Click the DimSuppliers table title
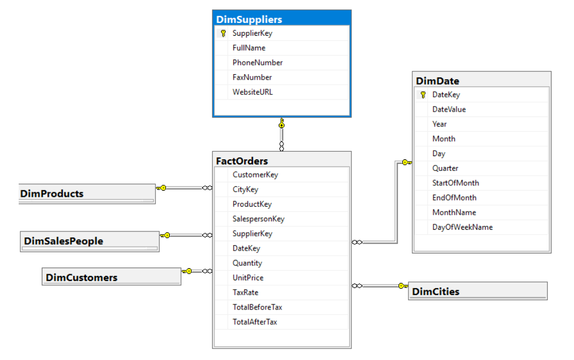click(249, 19)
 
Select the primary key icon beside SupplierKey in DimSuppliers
click(223, 34)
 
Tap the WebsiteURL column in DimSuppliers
click(252, 92)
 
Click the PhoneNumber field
click(257, 63)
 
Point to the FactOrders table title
click(242, 161)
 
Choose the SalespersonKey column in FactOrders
click(258, 219)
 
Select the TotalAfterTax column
click(255, 322)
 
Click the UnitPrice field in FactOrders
click(247, 278)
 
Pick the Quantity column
click(247, 263)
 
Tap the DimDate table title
click(437, 81)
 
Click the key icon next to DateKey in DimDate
click(423, 95)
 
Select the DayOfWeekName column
click(462, 228)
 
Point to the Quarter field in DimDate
click(445, 168)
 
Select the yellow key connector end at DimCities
click(403, 286)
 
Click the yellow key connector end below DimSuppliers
click(282, 123)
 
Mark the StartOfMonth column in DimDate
click(455, 183)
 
